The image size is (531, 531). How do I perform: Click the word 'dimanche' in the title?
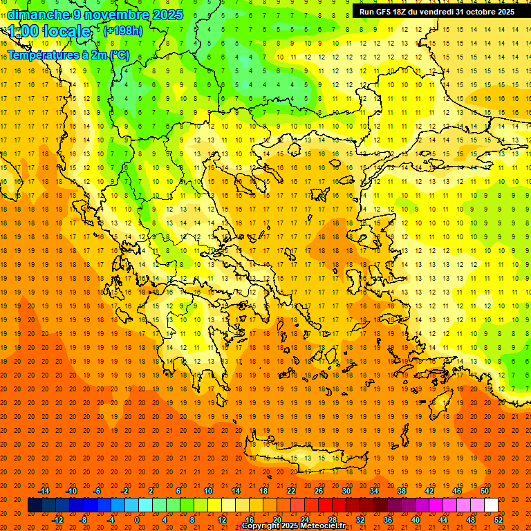pyautogui.click(x=38, y=15)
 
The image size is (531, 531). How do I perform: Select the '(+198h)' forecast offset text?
pyautogui.click(x=122, y=31)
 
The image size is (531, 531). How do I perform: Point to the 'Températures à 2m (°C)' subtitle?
pyautogui.click(x=68, y=55)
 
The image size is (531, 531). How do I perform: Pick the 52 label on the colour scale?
pyautogui.click(x=498, y=519)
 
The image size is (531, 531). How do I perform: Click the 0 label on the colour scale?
pyautogui.click(x=137, y=519)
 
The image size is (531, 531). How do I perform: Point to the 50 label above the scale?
pyautogui.click(x=484, y=491)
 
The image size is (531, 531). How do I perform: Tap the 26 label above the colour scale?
pyautogui.click(x=318, y=491)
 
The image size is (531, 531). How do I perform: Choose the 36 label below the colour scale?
pyautogui.click(x=387, y=519)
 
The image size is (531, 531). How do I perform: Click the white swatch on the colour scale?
pyautogui.click(x=491, y=505)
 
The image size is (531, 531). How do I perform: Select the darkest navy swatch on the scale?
pyautogui.click(x=35, y=505)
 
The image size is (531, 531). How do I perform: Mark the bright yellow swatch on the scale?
pyautogui.click(x=214, y=505)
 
